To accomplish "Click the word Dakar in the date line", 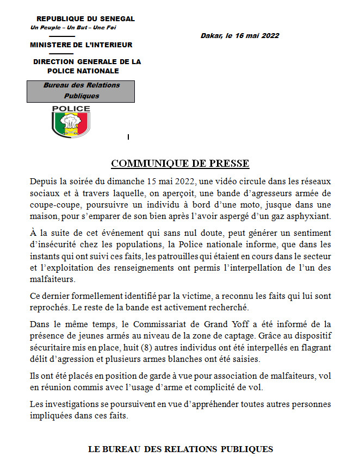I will click(x=211, y=36).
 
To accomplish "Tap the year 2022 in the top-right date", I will click(x=270, y=36).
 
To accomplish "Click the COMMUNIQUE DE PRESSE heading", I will click(x=180, y=164).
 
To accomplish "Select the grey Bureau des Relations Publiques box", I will click(x=81, y=91).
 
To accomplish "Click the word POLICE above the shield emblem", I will click(x=71, y=109).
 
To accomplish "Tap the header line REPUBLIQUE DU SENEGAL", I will click(x=85, y=19).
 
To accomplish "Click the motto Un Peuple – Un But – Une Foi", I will click(x=73, y=27).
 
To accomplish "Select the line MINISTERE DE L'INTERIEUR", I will click(x=81, y=45).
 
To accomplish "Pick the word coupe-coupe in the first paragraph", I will click(x=54, y=204).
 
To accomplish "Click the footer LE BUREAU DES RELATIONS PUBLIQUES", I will click(x=180, y=449).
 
